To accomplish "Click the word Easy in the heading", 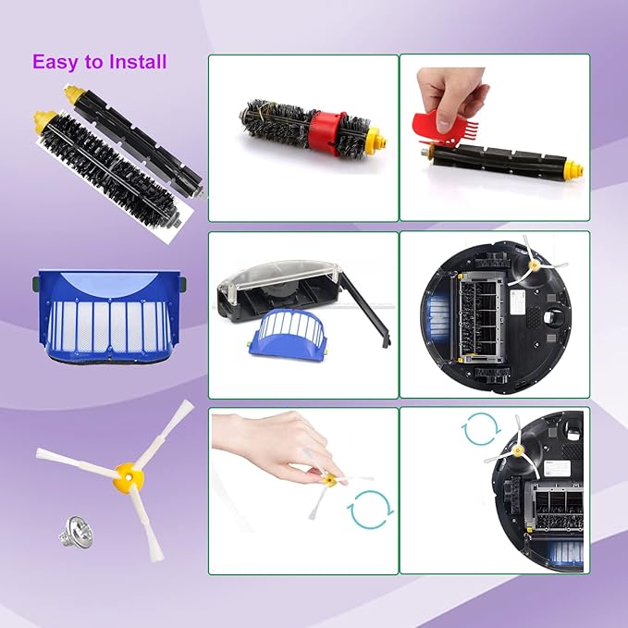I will click(x=54, y=62).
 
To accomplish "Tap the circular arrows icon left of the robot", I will click(x=478, y=429).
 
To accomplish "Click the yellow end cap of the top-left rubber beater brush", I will click(x=71, y=93).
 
